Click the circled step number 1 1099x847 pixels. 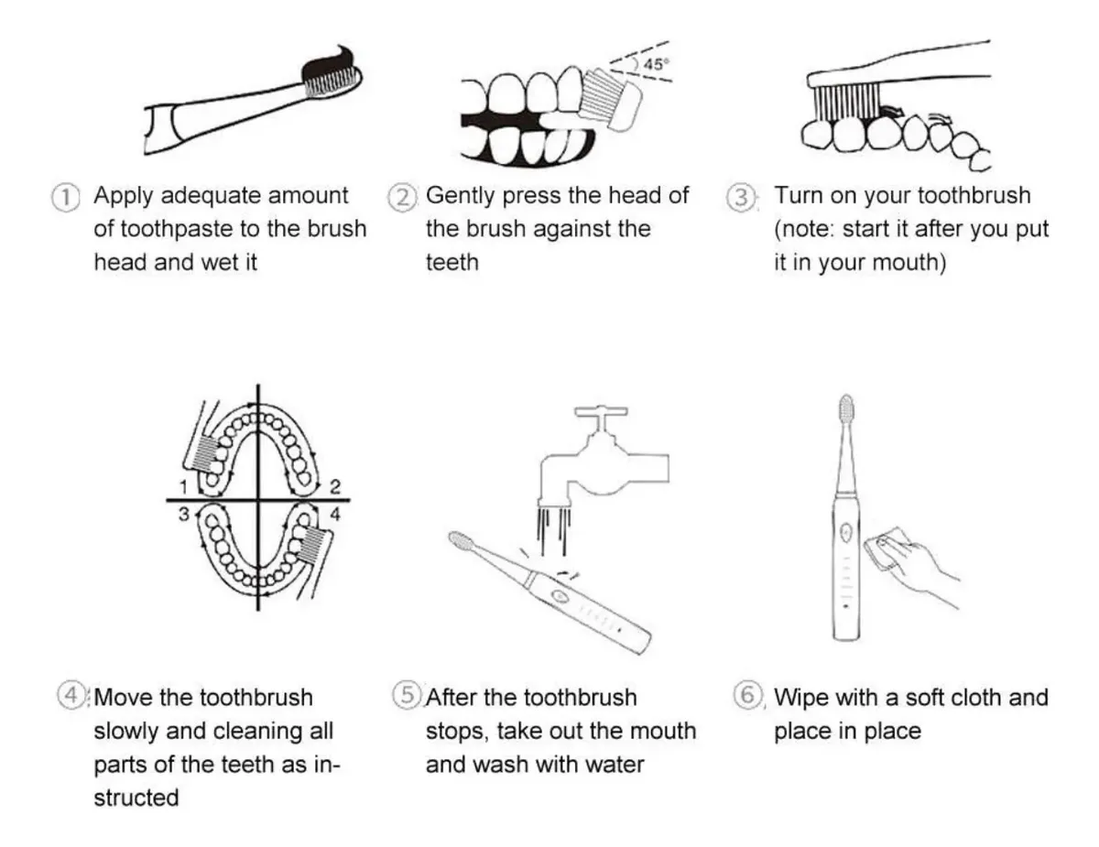click(66, 198)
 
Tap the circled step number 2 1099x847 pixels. click(403, 198)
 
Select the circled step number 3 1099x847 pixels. click(741, 198)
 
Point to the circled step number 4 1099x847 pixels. click(71, 695)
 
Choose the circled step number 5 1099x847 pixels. click(408, 695)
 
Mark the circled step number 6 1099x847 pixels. click(747, 695)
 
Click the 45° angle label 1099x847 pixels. click(656, 64)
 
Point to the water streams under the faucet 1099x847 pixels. click(554, 529)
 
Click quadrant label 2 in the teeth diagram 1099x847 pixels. click(335, 487)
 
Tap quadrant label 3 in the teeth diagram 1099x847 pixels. click(183, 515)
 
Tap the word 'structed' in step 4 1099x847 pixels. click(136, 798)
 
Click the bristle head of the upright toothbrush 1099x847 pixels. click(846, 411)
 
